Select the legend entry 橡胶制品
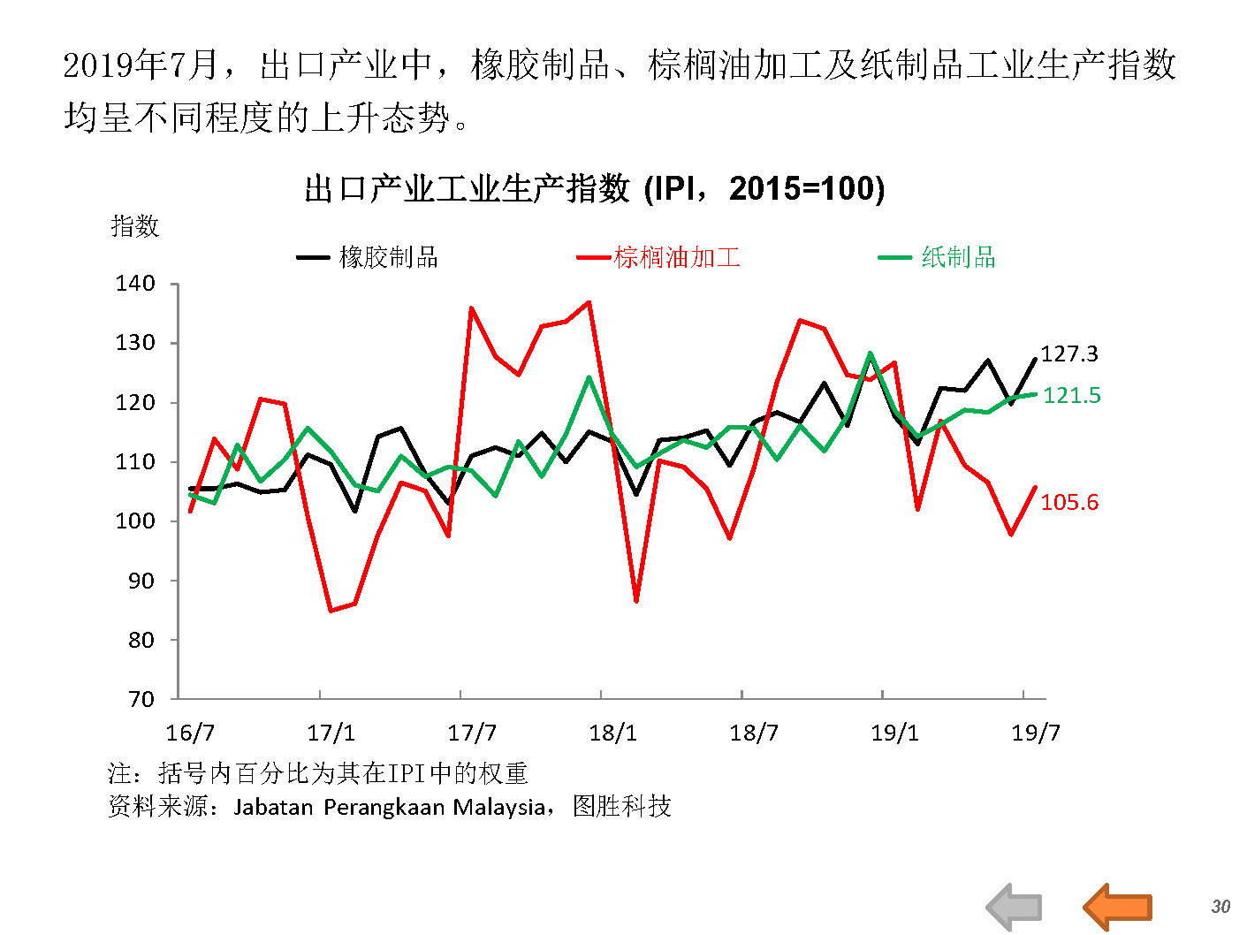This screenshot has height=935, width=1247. (388, 257)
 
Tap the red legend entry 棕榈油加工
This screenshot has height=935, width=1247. (677, 257)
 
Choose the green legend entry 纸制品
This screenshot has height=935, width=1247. (958, 257)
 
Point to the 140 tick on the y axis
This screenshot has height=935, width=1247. (135, 284)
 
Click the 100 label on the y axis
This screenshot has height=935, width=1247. (135, 521)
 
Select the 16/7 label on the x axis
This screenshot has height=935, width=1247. (190, 733)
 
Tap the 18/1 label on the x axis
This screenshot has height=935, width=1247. (612, 733)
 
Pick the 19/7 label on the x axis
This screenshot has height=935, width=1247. (1035, 733)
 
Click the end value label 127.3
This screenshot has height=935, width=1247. (1069, 353)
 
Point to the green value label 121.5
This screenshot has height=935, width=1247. (1072, 395)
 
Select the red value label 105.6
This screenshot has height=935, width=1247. (1069, 502)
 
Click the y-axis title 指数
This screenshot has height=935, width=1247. (135, 226)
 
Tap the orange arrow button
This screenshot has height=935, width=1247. (1118, 907)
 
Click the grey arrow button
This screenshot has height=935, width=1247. (1015, 907)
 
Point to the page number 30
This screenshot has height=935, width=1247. (1220, 907)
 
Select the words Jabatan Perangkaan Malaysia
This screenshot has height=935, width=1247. (389, 807)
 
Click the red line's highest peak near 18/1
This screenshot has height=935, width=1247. (589, 302)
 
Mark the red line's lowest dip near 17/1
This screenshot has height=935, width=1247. (331, 611)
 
